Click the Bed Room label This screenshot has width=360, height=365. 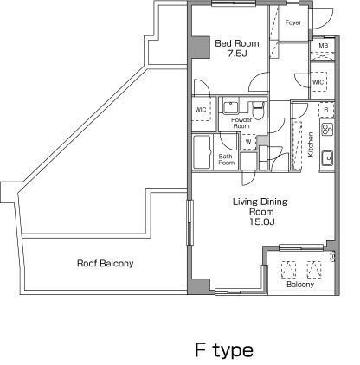pyautogui.click(x=237, y=43)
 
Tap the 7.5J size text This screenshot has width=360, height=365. pyautogui.click(x=237, y=54)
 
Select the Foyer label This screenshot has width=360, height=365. pyautogui.click(x=293, y=22)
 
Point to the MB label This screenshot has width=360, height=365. pyautogui.click(x=324, y=46)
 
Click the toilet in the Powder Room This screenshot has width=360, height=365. pyautogui.click(x=258, y=110)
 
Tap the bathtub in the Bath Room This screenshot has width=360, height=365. pyautogui.click(x=202, y=152)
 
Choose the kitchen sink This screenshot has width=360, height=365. pyautogui.click(x=327, y=158)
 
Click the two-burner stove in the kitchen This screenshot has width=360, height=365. pyautogui.click(x=327, y=129)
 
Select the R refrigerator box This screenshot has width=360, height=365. pyautogui.click(x=326, y=110)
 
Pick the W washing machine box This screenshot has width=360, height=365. pyautogui.click(x=248, y=142)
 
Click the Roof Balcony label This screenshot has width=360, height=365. pyautogui.click(x=106, y=263)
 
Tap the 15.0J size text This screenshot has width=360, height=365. pyautogui.click(x=261, y=221)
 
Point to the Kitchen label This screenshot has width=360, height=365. pyautogui.click(x=311, y=144)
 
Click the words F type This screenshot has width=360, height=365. pyautogui.click(x=224, y=349)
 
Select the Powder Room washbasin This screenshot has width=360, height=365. pyautogui.click(x=230, y=107)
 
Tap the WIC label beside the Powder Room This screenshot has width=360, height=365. pyautogui.click(x=201, y=110)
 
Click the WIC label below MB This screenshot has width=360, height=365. pyautogui.click(x=318, y=82)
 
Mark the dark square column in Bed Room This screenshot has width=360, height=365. pyautogui.click(x=200, y=48)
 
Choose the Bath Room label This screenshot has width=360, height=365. pyautogui.click(x=226, y=159)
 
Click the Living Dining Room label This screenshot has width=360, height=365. pyautogui.click(x=260, y=207)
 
